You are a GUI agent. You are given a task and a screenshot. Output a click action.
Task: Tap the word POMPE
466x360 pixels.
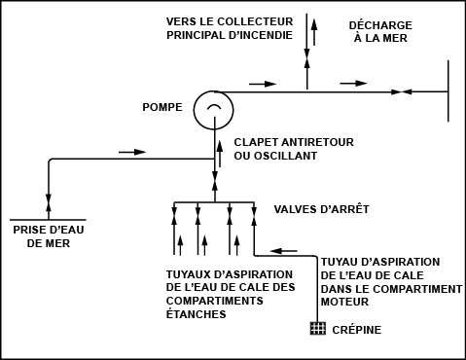pos(162,107)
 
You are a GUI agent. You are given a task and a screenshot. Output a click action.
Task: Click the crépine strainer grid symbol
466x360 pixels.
pos(318,328)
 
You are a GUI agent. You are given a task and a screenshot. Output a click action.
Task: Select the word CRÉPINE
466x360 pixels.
pos(357,330)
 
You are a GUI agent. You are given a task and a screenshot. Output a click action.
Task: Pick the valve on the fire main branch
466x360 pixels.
pos(306,58)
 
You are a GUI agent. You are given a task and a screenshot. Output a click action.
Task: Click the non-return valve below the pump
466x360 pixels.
pos(214,182)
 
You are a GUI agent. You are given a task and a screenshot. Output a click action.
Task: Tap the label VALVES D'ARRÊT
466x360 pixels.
pos(322,209)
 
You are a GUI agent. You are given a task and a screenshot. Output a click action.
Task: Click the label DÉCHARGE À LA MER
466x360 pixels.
pos(380,32)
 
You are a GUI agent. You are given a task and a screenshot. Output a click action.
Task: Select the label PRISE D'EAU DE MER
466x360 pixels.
pos(49,236)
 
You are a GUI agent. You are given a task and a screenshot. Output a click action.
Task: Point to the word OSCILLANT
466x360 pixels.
pos(285,156)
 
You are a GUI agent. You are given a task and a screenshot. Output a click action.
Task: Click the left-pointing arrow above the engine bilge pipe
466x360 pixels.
pos(284,251)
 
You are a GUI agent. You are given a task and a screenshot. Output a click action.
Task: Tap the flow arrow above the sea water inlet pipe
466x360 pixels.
pos(132,152)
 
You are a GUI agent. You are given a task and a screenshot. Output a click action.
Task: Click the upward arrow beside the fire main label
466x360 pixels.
pos(314,32)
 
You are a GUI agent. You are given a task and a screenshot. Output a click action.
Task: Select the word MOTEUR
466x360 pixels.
pos(344,302)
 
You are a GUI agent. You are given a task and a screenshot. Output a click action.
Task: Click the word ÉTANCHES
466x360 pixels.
pos(196,314)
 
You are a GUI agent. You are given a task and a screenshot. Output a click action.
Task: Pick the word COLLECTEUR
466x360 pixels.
pos(255,21)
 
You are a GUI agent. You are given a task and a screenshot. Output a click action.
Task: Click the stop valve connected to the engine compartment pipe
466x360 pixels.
pos(254,215)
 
